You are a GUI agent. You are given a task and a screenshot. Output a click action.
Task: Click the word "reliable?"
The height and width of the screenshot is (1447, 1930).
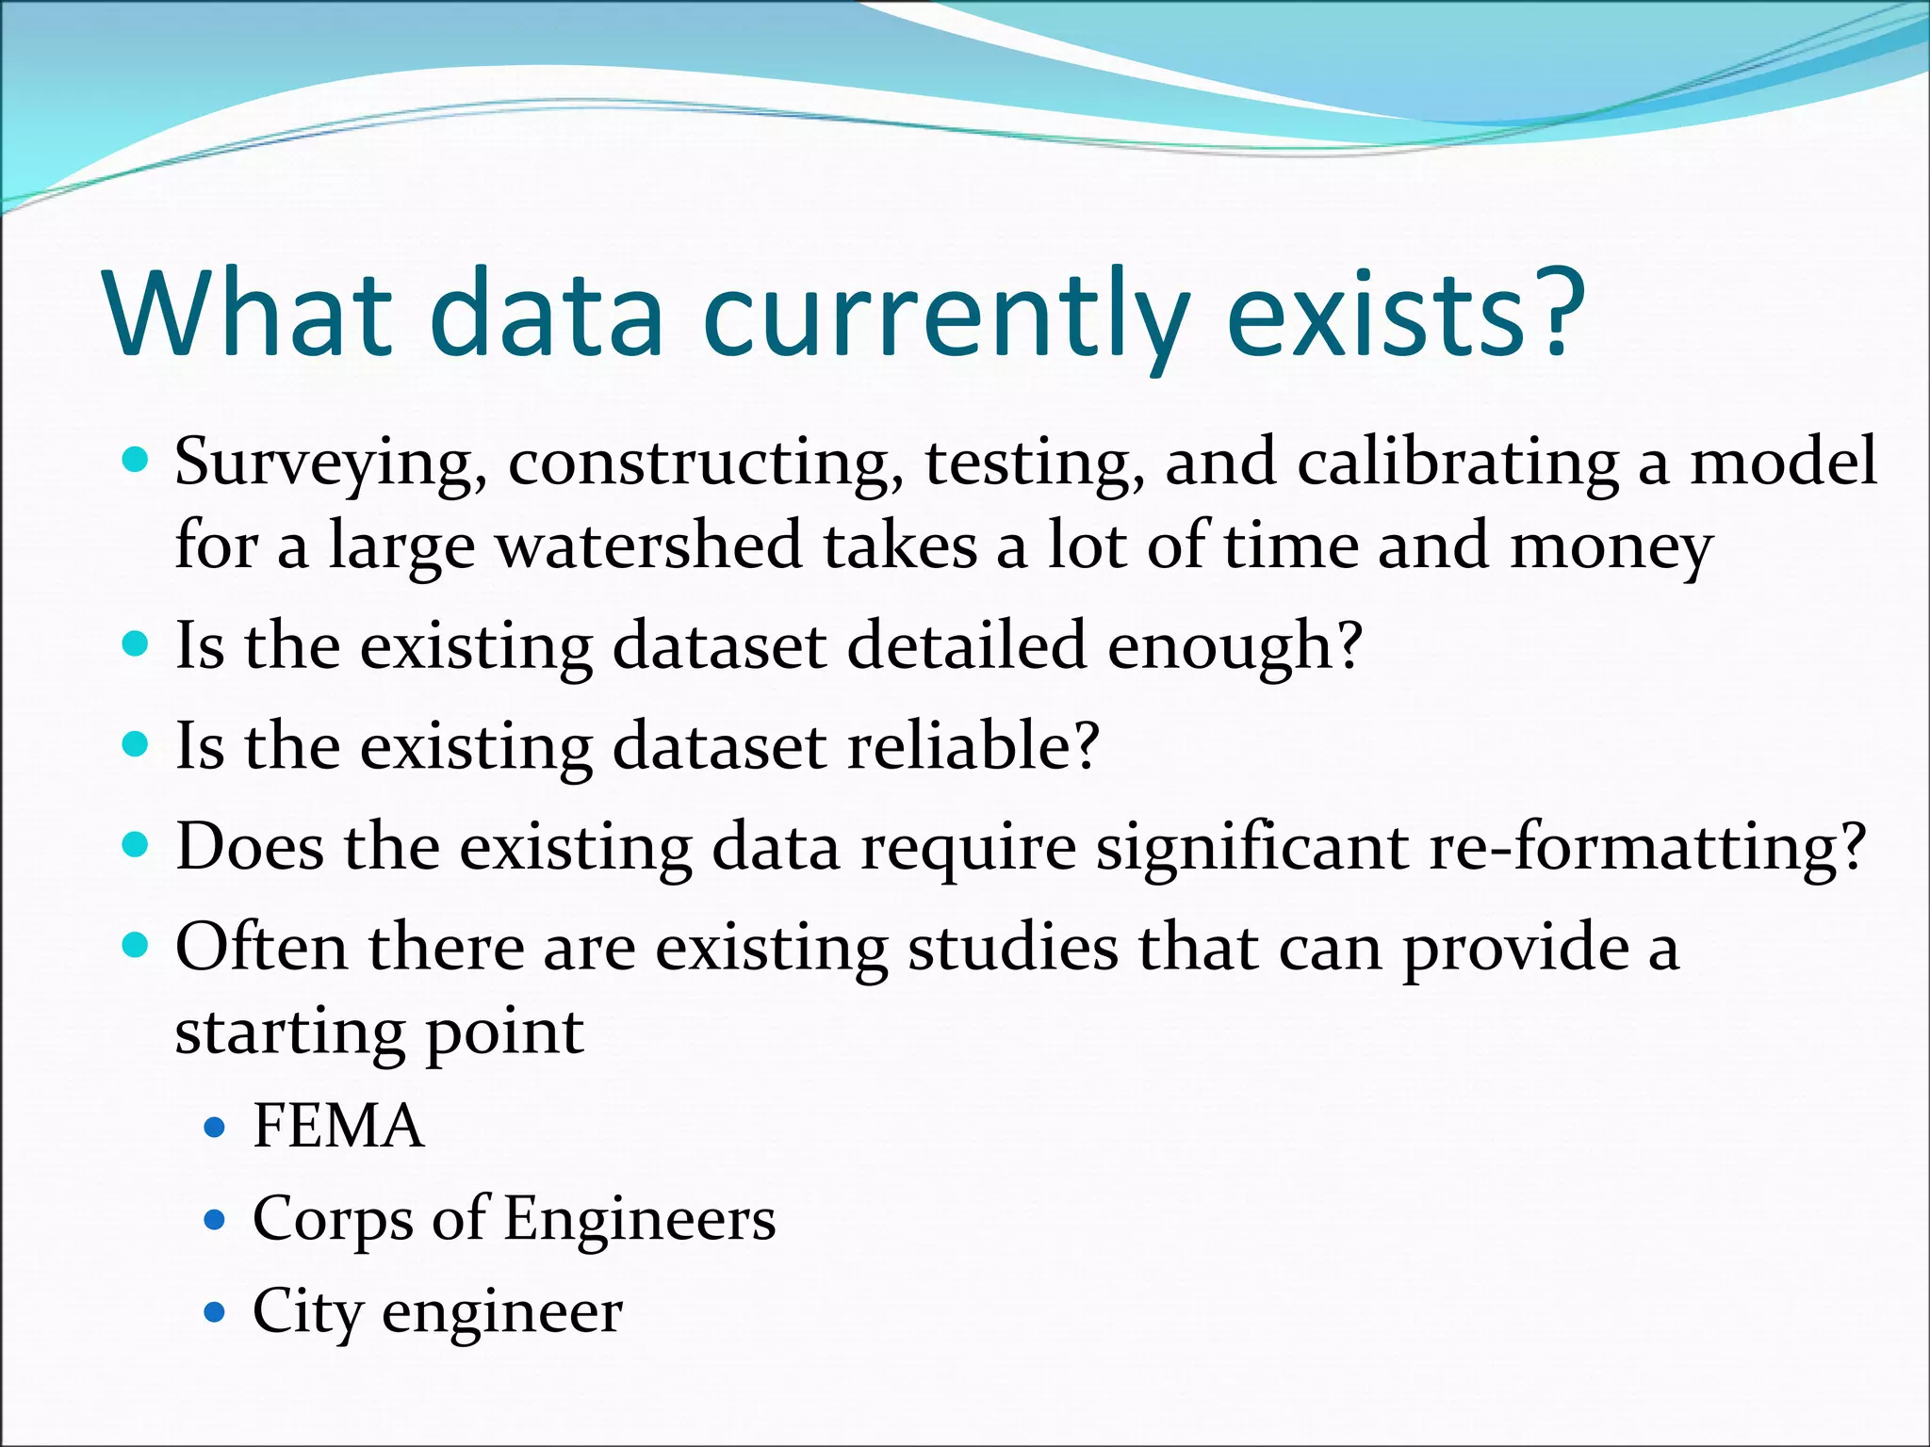click(973, 746)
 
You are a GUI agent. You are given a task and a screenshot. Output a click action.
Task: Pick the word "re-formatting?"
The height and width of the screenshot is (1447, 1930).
click(1646, 847)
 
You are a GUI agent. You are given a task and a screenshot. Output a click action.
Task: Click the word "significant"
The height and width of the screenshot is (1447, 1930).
click(1251, 847)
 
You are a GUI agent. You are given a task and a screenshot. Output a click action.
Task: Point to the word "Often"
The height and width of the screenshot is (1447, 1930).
click(261, 947)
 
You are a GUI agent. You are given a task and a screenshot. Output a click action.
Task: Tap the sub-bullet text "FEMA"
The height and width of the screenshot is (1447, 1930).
click(338, 1126)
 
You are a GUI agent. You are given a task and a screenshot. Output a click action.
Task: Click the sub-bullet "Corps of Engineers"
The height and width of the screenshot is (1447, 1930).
click(514, 1219)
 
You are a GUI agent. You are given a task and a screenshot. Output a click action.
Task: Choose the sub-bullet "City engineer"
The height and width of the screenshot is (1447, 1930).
click(437, 1311)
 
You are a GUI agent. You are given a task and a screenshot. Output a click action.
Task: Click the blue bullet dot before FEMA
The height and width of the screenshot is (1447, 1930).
click(216, 1127)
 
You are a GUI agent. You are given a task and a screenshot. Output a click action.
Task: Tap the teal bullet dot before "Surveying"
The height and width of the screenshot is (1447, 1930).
click(137, 462)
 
